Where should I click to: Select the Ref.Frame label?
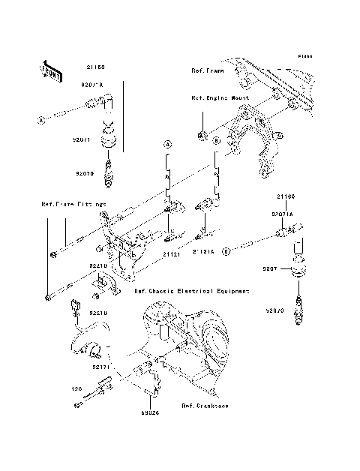pyautogui.click(x=206, y=70)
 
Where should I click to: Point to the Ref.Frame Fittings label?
pyautogui.click(x=73, y=204)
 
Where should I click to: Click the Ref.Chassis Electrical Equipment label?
pyautogui.click(x=190, y=291)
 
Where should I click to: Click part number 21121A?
pyautogui.click(x=202, y=252)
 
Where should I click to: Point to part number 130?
pyautogui.click(x=76, y=389)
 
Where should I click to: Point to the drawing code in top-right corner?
pyautogui.click(x=304, y=55)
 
